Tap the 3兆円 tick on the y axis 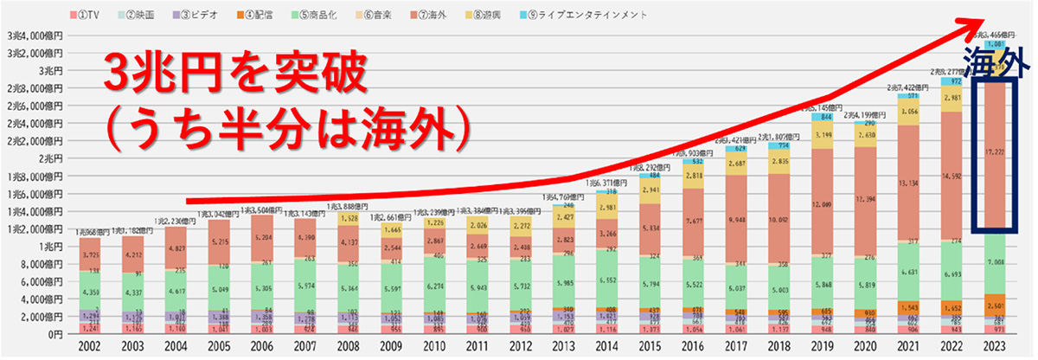39,70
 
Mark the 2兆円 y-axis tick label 39,158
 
